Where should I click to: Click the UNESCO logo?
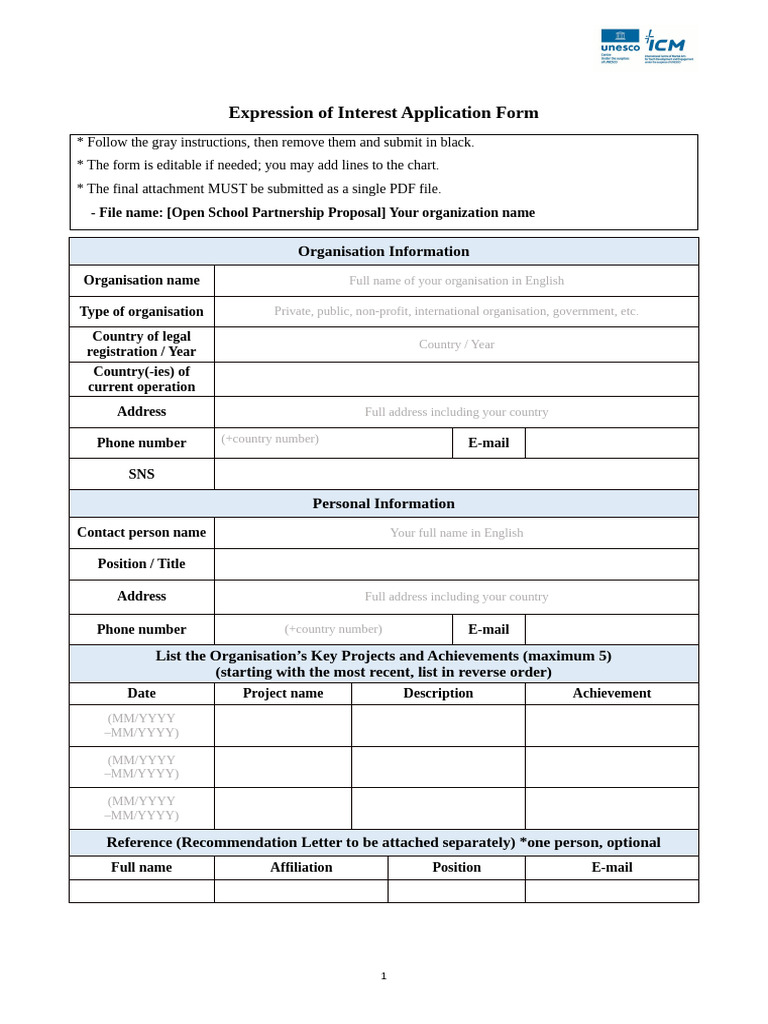click(x=619, y=42)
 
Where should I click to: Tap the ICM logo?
click(x=666, y=43)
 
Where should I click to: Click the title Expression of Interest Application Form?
click(x=383, y=113)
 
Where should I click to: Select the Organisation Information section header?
click(x=383, y=251)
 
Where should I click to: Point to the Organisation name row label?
click(x=141, y=280)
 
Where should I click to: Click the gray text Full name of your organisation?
click(x=456, y=281)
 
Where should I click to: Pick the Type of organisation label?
click(x=141, y=311)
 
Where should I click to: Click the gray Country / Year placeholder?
click(x=456, y=344)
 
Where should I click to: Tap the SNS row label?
click(x=141, y=474)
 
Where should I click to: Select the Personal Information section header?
click(x=383, y=503)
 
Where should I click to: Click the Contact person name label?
click(x=141, y=532)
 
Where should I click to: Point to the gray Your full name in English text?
click(x=456, y=533)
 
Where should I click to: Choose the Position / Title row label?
click(x=141, y=563)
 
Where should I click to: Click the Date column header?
click(x=141, y=693)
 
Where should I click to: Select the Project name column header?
click(x=283, y=693)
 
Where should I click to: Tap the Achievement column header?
click(x=611, y=693)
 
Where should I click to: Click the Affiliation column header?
click(x=301, y=867)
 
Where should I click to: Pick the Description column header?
click(x=438, y=693)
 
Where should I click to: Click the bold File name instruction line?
click(x=313, y=212)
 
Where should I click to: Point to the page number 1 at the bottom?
click(x=383, y=976)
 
